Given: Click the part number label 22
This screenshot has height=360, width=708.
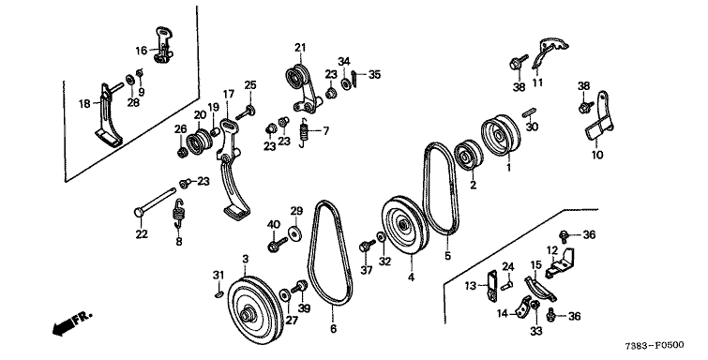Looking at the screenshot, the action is pos(142,234).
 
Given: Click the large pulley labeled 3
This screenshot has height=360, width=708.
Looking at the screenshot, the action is pos(253,310).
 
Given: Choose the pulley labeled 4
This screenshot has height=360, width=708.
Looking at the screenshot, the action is pos(404,225).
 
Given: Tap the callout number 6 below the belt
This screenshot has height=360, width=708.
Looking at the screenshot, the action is pos(333,329).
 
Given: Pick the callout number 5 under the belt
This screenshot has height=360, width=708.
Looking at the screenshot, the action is pos(447,256).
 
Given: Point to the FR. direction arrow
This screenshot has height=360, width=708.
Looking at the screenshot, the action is pos(72,324).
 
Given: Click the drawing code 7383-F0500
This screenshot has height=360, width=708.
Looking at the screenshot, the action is pos(655,345).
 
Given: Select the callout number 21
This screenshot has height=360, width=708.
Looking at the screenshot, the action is pos(300,48).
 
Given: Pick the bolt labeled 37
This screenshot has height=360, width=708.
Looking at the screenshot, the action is pos(367,247).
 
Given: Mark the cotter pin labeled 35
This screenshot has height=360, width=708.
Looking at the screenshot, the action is pos(354,79).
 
